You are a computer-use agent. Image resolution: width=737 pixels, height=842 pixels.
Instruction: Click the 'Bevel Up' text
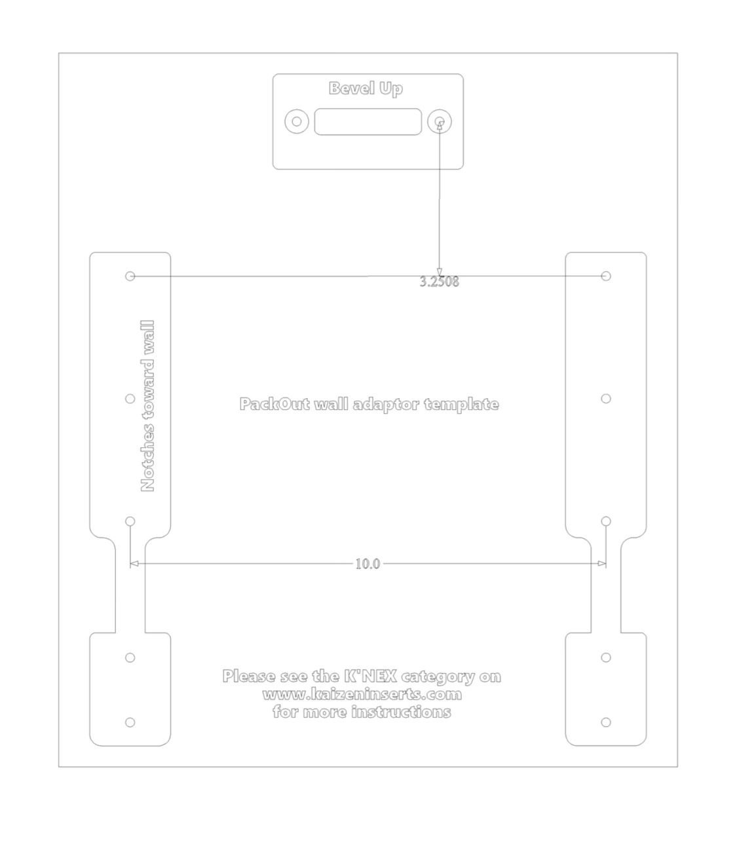[365, 88]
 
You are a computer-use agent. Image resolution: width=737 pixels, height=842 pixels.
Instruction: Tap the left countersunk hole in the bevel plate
[297, 121]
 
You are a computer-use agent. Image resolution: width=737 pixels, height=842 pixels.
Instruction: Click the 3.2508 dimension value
[439, 282]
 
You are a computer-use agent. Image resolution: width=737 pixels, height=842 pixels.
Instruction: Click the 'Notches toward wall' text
[147, 406]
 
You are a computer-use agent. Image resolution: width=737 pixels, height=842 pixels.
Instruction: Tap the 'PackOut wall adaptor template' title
[369, 404]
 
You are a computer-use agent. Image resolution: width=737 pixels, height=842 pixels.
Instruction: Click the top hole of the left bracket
[130, 276]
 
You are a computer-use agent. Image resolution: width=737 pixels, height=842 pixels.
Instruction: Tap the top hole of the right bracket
[606, 276]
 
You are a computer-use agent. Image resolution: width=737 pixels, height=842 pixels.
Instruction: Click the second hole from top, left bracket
[130, 399]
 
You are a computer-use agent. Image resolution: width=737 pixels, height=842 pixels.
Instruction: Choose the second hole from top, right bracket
[606, 399]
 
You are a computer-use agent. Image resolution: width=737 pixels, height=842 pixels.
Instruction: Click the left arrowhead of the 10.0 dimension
[134, 563]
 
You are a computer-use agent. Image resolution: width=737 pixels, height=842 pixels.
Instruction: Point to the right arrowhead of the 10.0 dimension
[602, 563]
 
